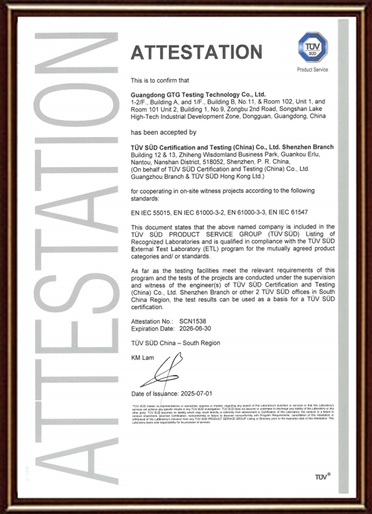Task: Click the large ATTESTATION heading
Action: tap(196, 52)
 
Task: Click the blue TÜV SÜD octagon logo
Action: tap(313, 47)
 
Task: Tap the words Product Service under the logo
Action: tap(312, 70)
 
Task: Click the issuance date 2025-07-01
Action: tap(196, 393)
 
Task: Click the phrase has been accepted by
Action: tap(163, 132)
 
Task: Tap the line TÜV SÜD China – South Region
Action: tap(176, 343)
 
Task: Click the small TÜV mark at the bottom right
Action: tap(322, 477)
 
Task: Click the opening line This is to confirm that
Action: tap(160, 80)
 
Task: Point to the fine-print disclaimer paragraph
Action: tap(232, 413)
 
